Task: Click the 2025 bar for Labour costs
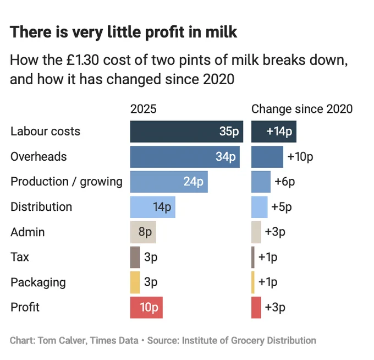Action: coord(186,132)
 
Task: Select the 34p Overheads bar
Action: coord(185,157)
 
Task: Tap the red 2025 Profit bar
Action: coord(146,308)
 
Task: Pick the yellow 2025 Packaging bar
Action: coord(135,282)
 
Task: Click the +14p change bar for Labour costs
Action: coord(274,132)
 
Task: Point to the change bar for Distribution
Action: coord(260,207)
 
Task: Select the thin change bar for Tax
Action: coord(253,258)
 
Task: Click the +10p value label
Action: coord(300,157)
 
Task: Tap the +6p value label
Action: coord(285,182)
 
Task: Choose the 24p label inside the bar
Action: coord(194,182)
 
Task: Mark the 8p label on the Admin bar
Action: coord(145,232)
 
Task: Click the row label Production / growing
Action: coord(67,182)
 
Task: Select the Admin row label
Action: coord(28,232)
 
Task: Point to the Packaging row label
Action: coord(38,282)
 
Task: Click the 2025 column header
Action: coord(144,109)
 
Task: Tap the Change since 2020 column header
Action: coord(302,109)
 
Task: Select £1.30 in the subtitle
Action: coord(82,60)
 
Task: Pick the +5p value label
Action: coord(282,207)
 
